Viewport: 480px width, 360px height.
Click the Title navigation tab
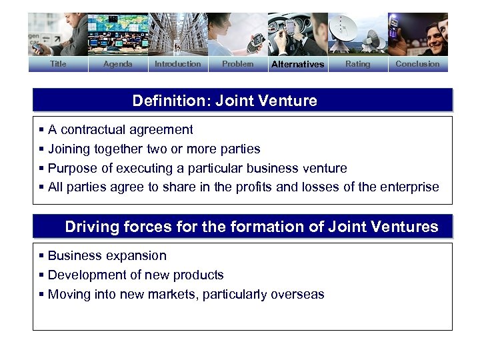click(58, 64)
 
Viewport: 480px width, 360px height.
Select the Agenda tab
click(118, 64)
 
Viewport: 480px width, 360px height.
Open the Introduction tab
click(177, 64)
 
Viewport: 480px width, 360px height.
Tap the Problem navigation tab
click(237, 64)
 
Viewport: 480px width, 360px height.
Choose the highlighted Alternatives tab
click(297, 64)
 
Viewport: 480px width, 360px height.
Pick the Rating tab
click(357, 64)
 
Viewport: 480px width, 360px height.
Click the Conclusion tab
click(417, 64)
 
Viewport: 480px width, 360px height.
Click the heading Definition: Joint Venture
click(225, 101)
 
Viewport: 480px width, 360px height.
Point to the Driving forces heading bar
click(251, 227)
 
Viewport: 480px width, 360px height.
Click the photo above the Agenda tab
click(118, 35)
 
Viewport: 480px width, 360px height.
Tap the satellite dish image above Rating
click(357, 35)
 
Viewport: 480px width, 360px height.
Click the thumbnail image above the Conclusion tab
click(417, 35)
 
